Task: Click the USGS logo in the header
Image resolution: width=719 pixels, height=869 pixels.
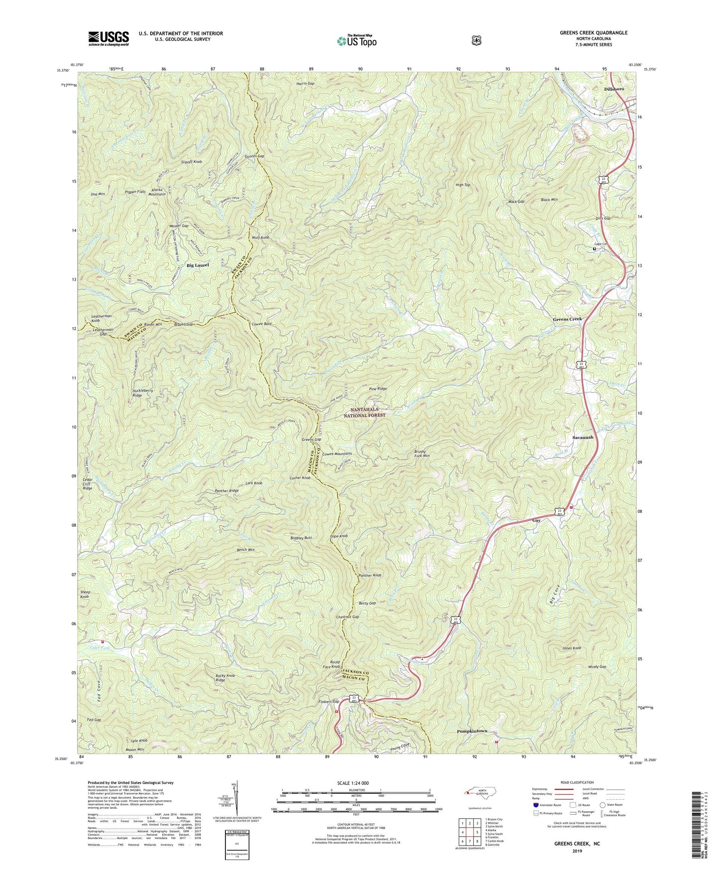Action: (x=108, y=38)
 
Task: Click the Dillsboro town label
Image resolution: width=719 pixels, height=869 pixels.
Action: (x=614, y=89)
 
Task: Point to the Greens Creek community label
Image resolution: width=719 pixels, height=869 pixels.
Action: (x=567, y=319)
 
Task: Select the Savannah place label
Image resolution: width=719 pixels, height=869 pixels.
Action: (x=581, y=437)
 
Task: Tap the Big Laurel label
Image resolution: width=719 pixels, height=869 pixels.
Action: (x=198, y=265)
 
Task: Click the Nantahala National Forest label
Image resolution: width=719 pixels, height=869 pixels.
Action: (x=368, y=412)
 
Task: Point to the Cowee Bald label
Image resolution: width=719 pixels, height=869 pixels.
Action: (x=261, y=324)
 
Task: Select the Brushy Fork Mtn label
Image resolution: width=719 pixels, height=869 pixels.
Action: (x=421, y=453)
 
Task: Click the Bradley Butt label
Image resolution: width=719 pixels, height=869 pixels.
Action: (x=301, y=538)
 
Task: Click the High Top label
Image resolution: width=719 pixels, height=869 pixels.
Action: (x=463, y=185)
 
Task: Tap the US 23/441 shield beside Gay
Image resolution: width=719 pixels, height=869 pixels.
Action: (x=560, y=512)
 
